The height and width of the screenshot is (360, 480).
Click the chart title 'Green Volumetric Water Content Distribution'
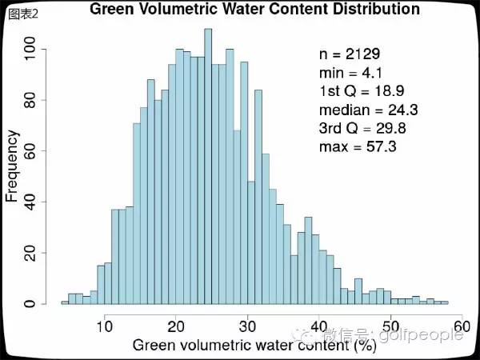254,10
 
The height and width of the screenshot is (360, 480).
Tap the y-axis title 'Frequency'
12,166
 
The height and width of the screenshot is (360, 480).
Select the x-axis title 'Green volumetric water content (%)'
254,346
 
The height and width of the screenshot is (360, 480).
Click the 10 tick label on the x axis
105,326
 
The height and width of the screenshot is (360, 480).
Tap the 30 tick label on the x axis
248,326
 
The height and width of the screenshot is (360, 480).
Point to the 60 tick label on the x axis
462,326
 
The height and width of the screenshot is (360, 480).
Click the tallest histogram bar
208,168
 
